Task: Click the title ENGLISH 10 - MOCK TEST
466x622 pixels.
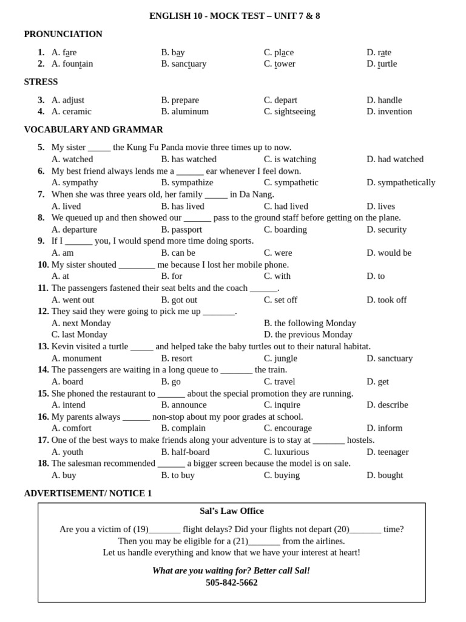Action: click(234, 16)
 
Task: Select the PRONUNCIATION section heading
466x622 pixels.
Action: click(63, 34)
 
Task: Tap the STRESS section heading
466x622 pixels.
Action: click(41, 82)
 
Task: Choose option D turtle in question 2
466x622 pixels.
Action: click(382, 64)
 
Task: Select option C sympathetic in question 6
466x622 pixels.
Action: click(291, 183)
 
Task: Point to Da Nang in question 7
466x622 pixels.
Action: click(257, 194)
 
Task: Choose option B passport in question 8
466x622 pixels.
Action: click(181, 230)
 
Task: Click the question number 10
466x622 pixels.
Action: click(43, 265)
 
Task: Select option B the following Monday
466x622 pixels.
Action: click(309, 323)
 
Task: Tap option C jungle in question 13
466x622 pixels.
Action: click(280, 358)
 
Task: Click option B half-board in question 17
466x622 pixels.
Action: click(185, 452)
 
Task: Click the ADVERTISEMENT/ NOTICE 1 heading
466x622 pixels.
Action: click(88, 494)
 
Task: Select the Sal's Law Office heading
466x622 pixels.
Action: click(232, 511)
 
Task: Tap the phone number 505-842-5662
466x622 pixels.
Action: click(232, 583)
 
